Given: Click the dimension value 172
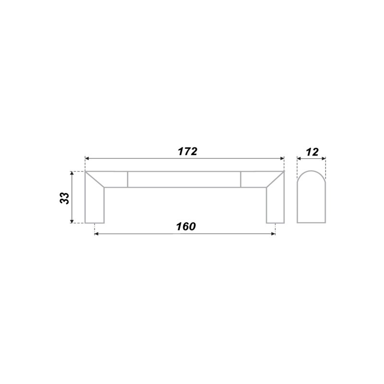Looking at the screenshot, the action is (x=187, y=152).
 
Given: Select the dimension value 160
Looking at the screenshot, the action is (x=186, y=227).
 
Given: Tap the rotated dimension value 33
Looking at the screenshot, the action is (x=64, y=198).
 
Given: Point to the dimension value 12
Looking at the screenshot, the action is (x=312, y=152).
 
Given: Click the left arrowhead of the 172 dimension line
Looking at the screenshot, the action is (x=87, y=159).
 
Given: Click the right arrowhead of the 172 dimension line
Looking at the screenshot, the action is (x=282, y=159).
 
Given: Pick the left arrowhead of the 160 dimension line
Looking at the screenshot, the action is (x=96, y=234).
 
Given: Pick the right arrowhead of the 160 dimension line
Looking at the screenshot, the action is (x=273, y=234).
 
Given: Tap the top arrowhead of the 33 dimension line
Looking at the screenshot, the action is (x=72, y=173).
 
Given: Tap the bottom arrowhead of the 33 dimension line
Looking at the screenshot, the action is (x=72, y=221).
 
